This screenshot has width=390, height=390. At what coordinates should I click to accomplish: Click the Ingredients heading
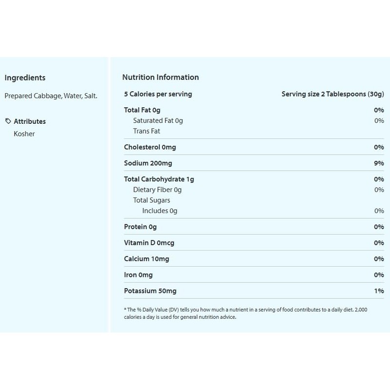pos(25,78)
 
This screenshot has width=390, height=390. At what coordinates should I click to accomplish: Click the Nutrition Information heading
pos(160,78)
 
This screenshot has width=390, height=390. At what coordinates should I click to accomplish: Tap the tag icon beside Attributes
pos(8,121)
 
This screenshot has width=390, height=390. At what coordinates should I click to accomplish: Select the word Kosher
pos(25,133)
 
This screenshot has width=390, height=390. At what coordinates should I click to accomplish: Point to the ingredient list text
pos(51,96)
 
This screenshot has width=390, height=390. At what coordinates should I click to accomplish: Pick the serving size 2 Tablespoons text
pos(333,94)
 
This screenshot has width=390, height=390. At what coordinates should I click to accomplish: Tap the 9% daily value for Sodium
pos(379,163)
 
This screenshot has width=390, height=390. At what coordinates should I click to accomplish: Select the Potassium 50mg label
pos(150,291)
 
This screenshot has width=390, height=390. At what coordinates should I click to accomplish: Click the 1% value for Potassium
pos(379,291)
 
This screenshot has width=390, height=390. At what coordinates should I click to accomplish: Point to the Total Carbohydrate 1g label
pos(158,179)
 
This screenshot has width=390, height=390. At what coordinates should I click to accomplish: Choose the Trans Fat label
pos(147,131)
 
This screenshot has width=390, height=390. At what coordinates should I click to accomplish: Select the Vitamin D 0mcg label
pos(148,243)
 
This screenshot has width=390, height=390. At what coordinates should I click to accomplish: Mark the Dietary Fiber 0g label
pos(157,190)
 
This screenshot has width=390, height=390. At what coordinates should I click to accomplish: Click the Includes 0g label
pos(160,211)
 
